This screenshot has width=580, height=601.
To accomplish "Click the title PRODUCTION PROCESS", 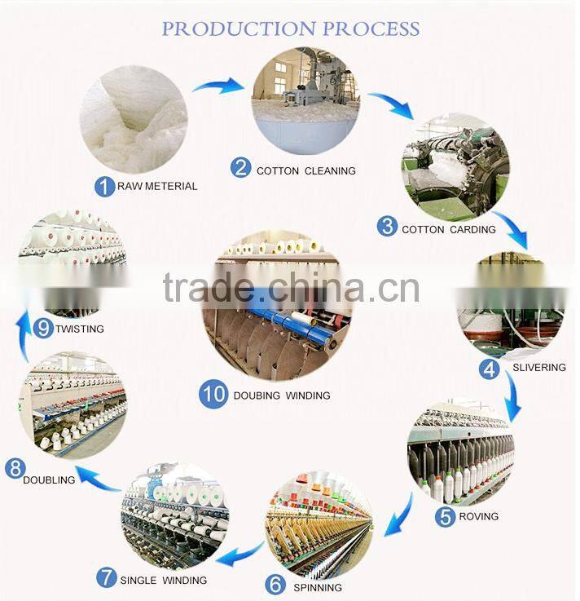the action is pyautogui.click(x=290, y=29).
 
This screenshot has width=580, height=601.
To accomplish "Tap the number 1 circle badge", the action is pyautogui.click(x=104, y=186).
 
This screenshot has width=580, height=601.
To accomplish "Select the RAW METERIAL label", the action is pyautogui.click(x=157, y=186).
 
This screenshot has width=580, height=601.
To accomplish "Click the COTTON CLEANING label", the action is pyautogui.click(x=305, y=170).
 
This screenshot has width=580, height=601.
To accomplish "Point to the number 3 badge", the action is pyautogui.click(x=387, y=227).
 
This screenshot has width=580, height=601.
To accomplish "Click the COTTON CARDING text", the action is pyautogui.click(x=448, y=229).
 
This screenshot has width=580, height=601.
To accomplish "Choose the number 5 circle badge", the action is pyautogui.click(x=445, y=516).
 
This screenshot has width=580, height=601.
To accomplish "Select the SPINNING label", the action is pyautogui.click(x=317, y=586).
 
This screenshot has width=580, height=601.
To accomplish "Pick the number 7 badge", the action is pyautogui.click(x=106, y=578).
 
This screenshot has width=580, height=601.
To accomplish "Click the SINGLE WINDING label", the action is pyautogui.click(x=163, y=581).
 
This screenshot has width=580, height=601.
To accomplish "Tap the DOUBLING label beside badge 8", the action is pyautogui.click(x=49, y=480).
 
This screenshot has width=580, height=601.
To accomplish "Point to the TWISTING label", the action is pyautogui.click(x=80, y=329).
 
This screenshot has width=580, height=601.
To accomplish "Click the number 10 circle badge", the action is pyautogui.click(x=213, y=394).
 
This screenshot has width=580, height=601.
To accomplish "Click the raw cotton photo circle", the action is pyautogui.click(x=134, y=118).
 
